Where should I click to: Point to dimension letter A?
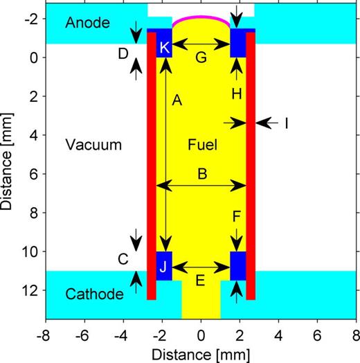[x=176, y=101]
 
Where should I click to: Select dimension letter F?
[x=237, y=218]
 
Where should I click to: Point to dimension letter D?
[x=123, y=53]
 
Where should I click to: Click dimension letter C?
[x=123, y=259]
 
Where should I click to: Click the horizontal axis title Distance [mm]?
[x=201, y=352]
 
